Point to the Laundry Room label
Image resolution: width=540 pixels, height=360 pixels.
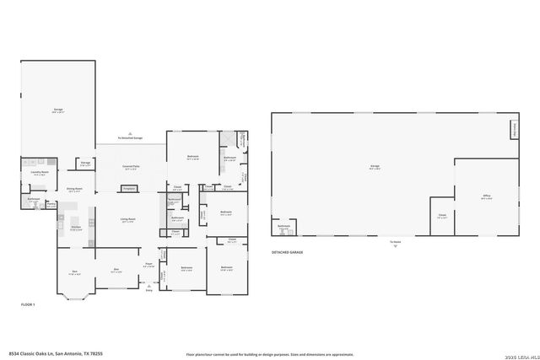(37, 173)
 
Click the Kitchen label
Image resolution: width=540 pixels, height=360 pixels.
(75, 228)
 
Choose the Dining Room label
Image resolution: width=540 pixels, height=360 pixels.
(75, 190)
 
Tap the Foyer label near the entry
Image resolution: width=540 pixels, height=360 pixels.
(148, 264)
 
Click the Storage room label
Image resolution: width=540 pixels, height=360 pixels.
(85, 163)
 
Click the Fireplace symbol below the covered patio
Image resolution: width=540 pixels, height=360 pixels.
(129, 189)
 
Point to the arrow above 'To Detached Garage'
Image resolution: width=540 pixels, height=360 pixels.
(130, 132)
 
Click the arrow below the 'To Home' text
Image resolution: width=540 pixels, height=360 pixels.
(393, 246)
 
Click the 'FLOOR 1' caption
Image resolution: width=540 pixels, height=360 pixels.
(28, 304)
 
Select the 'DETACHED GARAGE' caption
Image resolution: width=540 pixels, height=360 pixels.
(288, 252)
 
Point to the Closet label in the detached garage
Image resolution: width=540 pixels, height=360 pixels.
(442, 215)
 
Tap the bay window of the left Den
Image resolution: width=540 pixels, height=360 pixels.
(74, 295)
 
